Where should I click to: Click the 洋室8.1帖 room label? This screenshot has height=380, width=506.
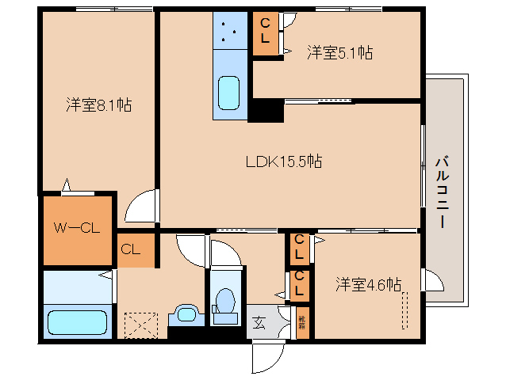(x=98, y=104)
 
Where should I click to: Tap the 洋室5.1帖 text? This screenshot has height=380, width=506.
(x=339, y=53)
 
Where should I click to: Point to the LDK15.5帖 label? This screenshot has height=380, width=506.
(x=283, y=161)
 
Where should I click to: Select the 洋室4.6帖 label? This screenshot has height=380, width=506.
(x=367, y=283)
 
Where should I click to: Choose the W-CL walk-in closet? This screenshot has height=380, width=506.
(x=76, y=229)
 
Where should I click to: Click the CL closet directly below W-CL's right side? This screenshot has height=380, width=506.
(x=131, y=249)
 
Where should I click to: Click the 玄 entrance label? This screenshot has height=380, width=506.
(x=259, y=322)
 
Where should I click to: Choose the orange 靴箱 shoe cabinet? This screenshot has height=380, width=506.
(x=301, y=322)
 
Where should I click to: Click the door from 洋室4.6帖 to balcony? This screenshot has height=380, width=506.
(x=432, y=280)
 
